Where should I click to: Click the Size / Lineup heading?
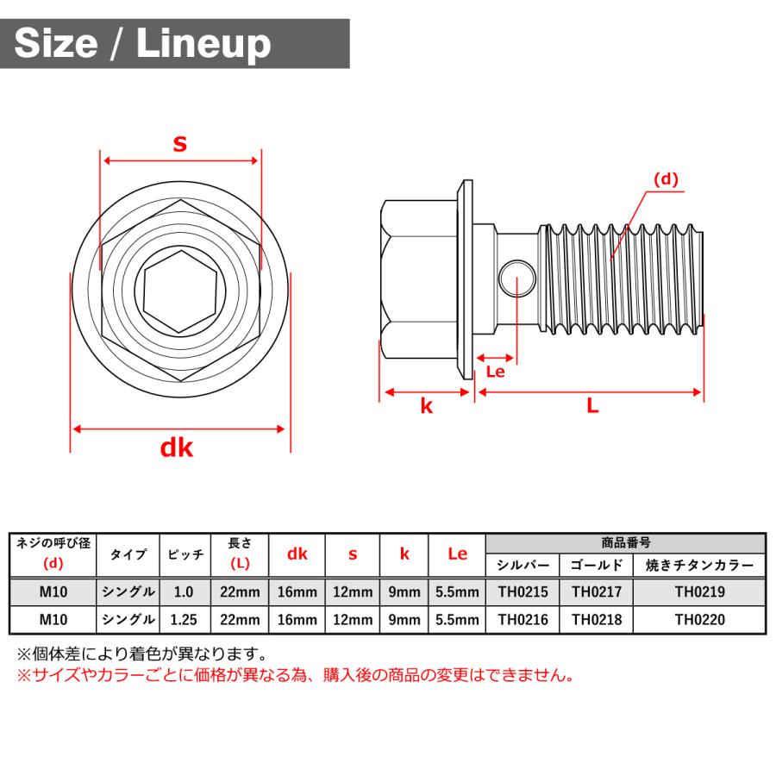point(142,43)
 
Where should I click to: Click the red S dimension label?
point(179,143)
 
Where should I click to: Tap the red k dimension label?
point(426,407)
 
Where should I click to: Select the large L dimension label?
point(592,406)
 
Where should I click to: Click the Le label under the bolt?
point(496,372)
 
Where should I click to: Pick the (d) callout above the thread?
point(666,179)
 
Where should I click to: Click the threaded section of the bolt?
point(621,278)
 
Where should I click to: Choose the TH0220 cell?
point(699,619)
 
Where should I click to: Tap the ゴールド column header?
point(596,566)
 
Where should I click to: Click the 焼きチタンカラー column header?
point(699,566)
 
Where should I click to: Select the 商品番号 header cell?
point(625,543)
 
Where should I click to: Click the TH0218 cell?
point(596,619)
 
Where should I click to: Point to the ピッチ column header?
point(185,554)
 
